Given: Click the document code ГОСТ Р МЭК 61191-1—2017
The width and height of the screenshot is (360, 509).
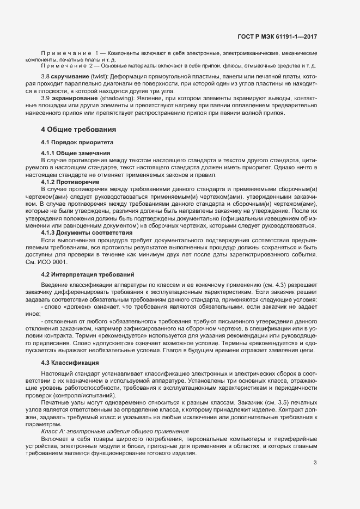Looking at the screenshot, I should [x=277, y=37].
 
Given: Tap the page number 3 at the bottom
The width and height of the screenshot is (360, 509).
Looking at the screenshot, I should [x=315, y=463].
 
